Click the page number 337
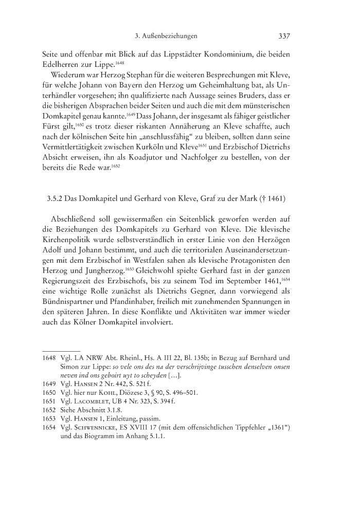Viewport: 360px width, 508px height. pyautogui.click(x=285, y=37)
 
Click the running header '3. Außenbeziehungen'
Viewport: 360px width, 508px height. pyautogui.click(x=163, y=37)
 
